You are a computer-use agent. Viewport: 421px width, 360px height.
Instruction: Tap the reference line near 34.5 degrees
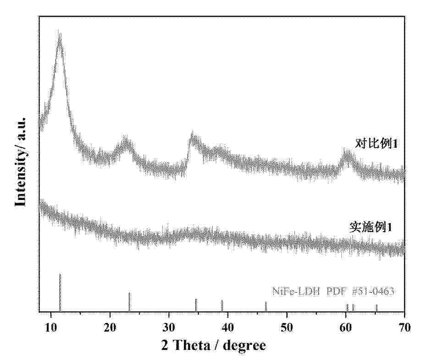tap(196, 305)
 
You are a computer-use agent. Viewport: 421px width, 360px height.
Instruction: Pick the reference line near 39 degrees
tap(222, 305)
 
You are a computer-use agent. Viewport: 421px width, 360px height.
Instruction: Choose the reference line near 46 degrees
tap(266, 306)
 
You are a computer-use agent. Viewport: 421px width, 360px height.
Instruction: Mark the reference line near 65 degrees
tap(377, 308)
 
